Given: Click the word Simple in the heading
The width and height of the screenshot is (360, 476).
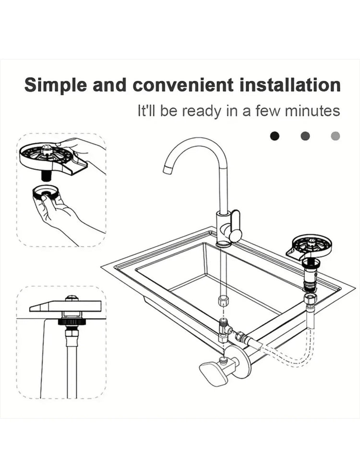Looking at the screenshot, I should coord(56,86).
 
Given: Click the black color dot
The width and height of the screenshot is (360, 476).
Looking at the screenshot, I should coord(275,136).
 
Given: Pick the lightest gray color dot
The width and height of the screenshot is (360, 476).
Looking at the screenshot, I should coord(336,136).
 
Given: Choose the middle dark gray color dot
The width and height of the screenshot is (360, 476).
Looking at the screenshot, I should coord(305,136).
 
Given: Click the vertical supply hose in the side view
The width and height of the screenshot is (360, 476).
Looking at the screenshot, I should coord(72,365).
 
